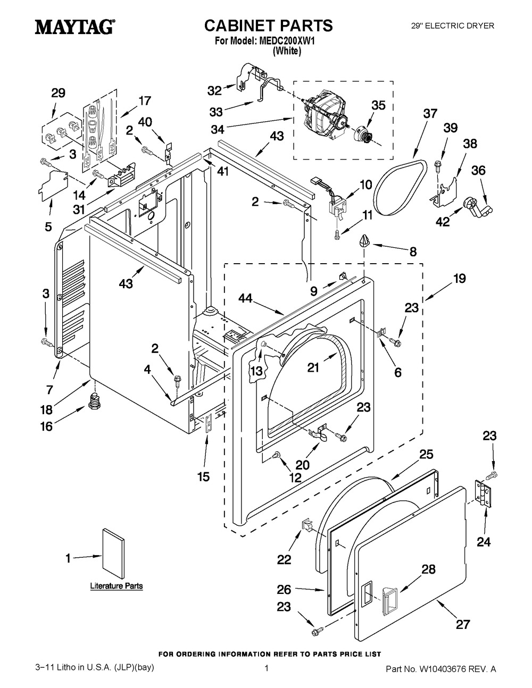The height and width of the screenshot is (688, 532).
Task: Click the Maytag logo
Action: click(74, 27)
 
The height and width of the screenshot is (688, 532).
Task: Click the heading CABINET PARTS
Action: click(269, 25)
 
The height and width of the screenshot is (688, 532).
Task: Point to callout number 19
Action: click(459, 278)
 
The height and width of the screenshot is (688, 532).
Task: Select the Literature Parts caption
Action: click(116, 586)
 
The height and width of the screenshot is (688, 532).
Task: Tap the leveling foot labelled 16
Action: click(95, 400)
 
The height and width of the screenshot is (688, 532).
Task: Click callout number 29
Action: click(58, 93)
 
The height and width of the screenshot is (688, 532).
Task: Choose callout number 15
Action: click(203, 476)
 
